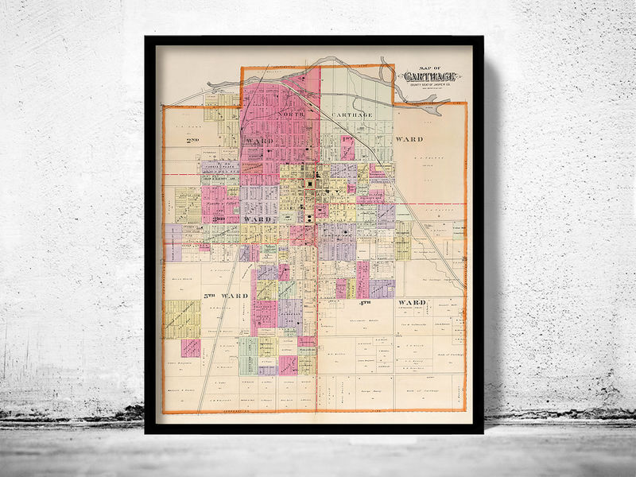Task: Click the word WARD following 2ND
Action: (260, 140)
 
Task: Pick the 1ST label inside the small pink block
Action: (347, 140)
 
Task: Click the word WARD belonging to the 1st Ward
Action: (409, 139)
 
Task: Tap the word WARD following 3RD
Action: (258, 219)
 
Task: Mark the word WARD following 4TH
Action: (413, 303)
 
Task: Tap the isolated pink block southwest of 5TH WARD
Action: (190, 347)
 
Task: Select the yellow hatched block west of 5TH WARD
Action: (182, 319)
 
